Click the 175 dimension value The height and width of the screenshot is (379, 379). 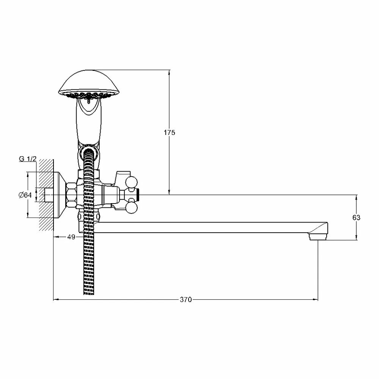click(169, 132)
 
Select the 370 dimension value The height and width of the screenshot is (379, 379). click(186, 299)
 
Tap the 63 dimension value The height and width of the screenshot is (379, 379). click(356, 218)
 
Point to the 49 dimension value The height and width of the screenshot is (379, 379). click(71, 237)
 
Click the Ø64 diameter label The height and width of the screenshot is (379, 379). click(25, 195)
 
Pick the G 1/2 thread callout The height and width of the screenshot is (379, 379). click(28, 159)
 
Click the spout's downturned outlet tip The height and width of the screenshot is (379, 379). click(318, 236)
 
